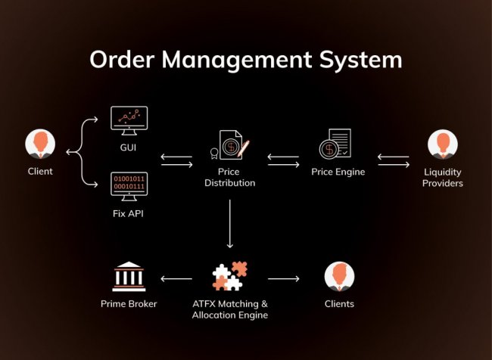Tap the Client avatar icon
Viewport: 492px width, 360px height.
40,144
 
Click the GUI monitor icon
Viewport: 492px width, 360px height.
129,118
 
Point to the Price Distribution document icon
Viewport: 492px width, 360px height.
230,145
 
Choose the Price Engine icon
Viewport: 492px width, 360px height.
335,144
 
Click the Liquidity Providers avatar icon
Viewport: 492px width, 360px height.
443,145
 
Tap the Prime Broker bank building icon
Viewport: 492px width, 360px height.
129,277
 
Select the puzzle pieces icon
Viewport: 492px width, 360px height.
229,276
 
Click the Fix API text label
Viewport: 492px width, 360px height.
128,213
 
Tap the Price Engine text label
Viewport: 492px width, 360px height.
338,172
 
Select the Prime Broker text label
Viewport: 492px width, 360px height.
129,304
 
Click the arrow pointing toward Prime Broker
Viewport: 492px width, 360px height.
176,279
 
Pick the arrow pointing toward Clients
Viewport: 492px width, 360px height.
284,279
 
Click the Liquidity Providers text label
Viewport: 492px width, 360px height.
443,178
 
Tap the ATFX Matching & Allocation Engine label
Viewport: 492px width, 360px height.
229,309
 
